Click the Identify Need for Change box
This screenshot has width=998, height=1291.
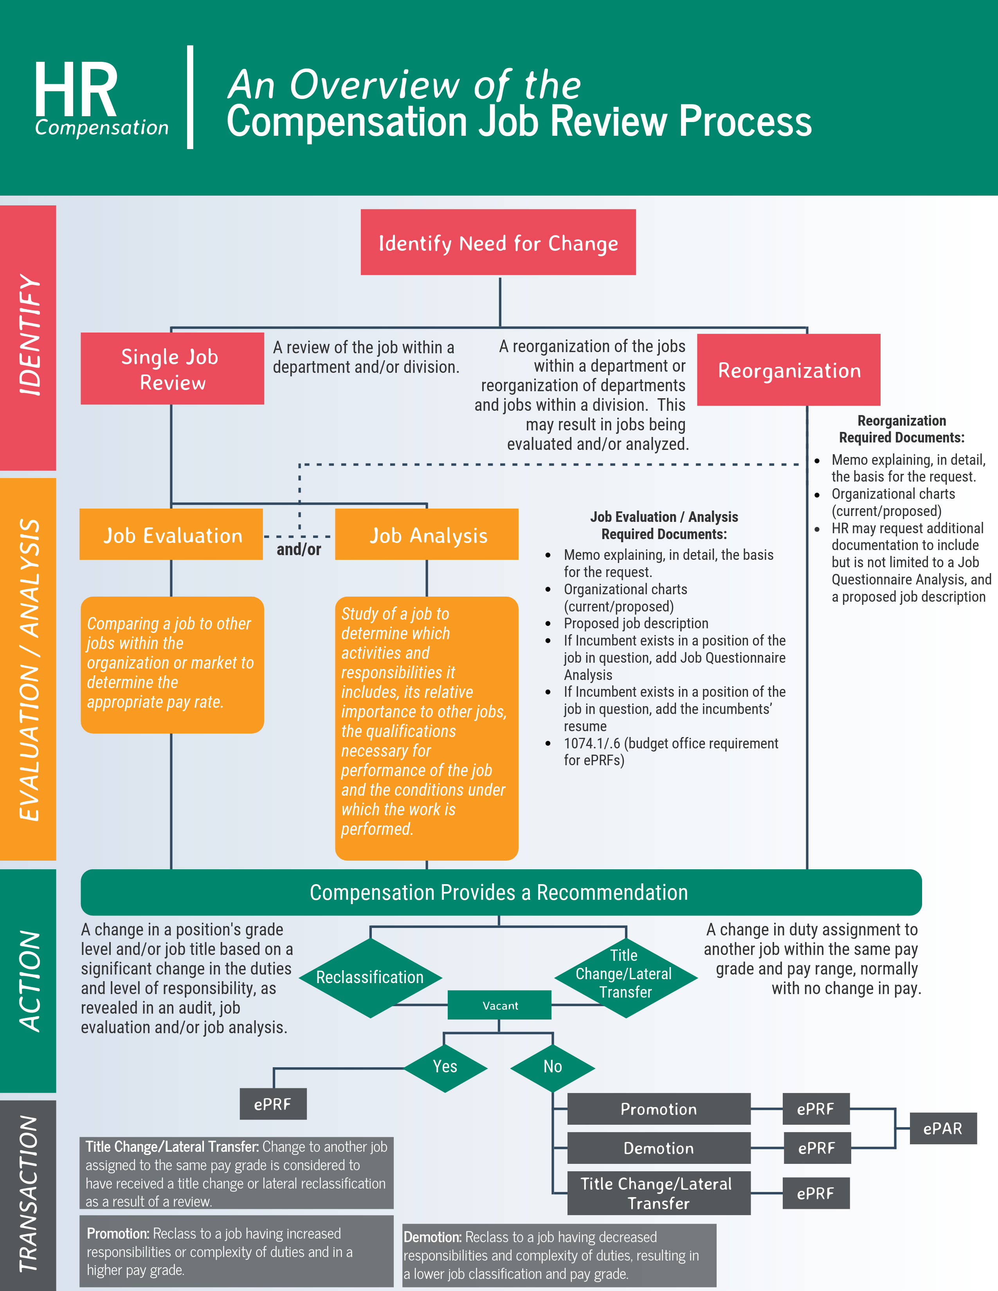498,243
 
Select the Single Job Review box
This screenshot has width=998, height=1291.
172,369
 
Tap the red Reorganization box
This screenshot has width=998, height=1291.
789,370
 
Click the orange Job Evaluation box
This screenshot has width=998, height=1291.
171,534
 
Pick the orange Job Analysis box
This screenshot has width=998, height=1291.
427,534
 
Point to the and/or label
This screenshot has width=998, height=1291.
299,550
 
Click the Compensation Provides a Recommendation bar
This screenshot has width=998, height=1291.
500,892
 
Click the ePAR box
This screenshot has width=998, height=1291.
942,1128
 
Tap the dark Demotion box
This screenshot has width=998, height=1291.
659,1148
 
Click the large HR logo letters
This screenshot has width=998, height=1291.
76,90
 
